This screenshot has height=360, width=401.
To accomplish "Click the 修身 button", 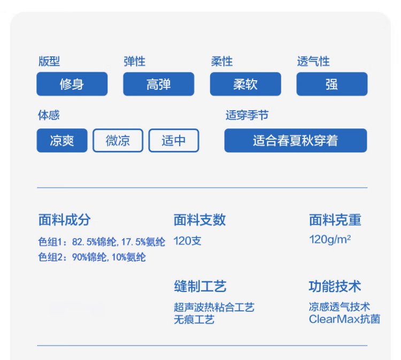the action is [72, 84].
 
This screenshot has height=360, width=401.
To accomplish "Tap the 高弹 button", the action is [159, 84].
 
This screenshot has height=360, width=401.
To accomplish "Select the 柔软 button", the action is [245, 84].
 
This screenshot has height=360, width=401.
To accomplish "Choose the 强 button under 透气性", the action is [332, 84].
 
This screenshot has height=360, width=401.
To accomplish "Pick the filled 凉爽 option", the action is [62, 141].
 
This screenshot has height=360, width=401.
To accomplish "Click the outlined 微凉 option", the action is [118, 141].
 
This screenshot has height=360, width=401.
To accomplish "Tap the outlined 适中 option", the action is [174, 141].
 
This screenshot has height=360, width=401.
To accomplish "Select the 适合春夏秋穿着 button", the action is [296, 141].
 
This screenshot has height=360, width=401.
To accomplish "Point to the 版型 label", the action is [49, 62].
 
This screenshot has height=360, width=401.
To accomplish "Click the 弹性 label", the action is [135, 62].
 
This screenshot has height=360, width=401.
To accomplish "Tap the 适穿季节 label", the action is [247, 115].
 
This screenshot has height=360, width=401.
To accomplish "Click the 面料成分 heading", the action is [65, 220].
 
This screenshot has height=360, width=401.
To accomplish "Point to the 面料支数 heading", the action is [200, 220].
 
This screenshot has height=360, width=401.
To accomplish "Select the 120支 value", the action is [187, 241].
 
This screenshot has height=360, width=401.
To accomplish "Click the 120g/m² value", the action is [330, 240].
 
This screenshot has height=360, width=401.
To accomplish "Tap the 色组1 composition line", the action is [102, 242].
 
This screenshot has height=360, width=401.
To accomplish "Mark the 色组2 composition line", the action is [92, 257].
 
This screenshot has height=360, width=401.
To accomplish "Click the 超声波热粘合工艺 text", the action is [214, 307].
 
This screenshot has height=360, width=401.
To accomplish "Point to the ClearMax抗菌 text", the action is [344, 319].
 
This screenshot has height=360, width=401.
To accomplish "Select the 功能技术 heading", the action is [335, 286].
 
